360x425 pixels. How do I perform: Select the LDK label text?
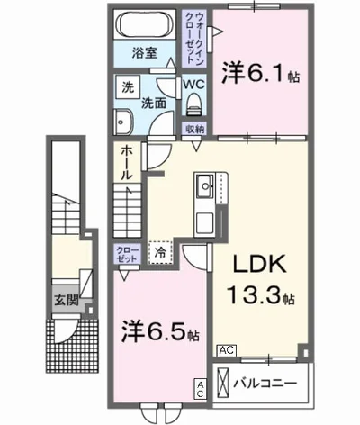[x=260, y=265]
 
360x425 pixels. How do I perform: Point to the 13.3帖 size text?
[x=262, y=294]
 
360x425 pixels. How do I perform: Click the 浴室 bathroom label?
[x=146, y=53]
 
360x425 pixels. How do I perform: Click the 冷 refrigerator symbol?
[x=161, y=253]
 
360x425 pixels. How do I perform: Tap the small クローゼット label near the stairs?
[x=126, y=254]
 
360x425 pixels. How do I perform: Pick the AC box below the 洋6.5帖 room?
[x=200, y=388]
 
